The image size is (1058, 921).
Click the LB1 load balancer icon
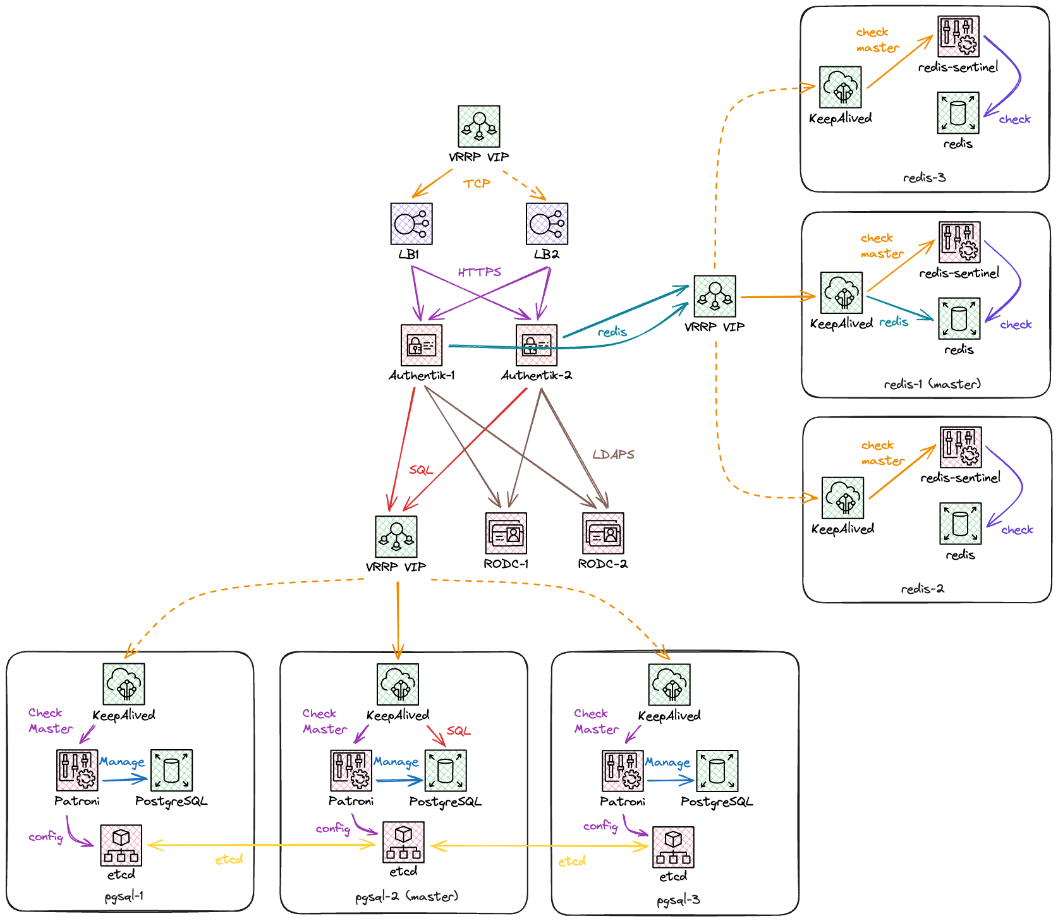pos(411,224)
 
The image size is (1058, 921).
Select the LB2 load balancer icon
pos(547,224)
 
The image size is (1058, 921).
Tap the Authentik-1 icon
pos(422,345)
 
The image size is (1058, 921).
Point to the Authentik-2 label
pos(536,375)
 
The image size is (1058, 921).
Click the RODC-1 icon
pos(506,533)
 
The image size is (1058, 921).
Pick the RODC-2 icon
pos(603,533)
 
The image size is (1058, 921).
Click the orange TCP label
pos(477,184)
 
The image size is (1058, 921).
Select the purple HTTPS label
pos(479,272)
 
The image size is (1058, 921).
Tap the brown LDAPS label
pos(613,454)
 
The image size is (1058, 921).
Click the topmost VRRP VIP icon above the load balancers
pos(479,126)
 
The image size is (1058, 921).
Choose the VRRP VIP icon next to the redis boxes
pos(715,296)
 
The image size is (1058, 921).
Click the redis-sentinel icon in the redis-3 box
pos(959,37)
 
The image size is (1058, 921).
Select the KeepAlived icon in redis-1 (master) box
pos(842,293)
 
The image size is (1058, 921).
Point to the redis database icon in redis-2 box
pos(961,524)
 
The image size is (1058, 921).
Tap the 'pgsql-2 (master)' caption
pos(406,896)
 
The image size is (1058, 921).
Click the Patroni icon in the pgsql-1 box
pos(77,770)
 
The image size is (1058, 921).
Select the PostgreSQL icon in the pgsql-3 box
pos(717,771)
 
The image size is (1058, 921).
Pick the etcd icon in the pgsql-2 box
pos(403,843)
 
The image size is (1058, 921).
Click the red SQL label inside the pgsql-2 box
pos(458,731)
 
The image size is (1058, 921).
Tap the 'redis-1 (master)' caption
pos(932,384)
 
